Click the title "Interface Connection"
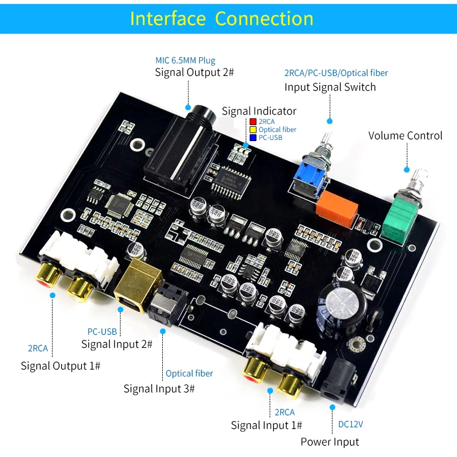pos(222,19)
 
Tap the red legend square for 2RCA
pos(253,122)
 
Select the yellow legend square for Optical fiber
pos(253,130)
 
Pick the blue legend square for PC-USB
pos(253,138)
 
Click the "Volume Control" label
pos(405,135)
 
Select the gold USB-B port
pos(138,284)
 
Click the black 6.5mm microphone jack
pos(180,152)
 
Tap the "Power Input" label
pos(330,442)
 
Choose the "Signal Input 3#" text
pos(159,389)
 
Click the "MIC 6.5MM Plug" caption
pos(185,61)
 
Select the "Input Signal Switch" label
pos(330,87)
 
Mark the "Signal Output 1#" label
pos(61,366)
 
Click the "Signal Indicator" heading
pos(259,111)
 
